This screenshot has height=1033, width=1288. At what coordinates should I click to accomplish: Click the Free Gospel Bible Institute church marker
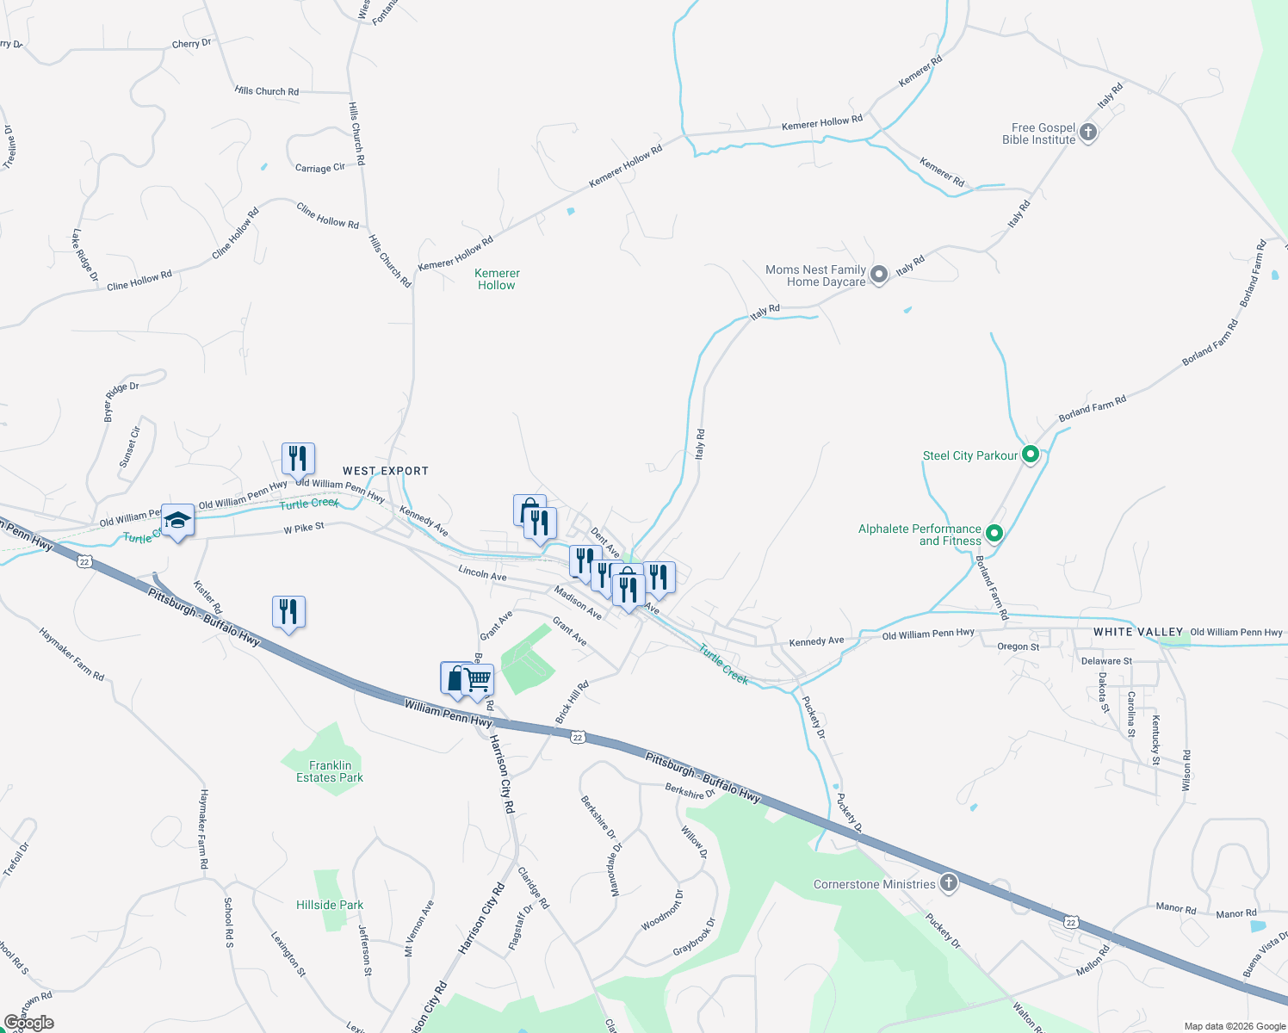coord(1088,133)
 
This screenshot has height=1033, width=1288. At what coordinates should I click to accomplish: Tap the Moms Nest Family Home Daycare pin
coord(878,275)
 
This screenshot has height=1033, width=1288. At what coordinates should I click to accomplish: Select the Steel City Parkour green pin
coord(1031,455)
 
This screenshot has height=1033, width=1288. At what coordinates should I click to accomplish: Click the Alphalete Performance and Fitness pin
coord(994,534)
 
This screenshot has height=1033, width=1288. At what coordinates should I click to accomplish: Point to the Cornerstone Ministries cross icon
coord(948,882)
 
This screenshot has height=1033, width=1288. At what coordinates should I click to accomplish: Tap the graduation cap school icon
coord(177,520)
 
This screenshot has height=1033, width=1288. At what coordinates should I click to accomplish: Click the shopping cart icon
coord(478,680)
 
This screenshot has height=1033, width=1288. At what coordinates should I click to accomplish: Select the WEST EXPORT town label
coord(385,471)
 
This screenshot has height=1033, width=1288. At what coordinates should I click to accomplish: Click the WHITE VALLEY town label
coord(1138,632)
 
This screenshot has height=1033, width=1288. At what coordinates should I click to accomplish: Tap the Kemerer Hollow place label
coord(497,279)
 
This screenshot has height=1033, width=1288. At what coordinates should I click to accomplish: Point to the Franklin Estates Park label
coord(330,771)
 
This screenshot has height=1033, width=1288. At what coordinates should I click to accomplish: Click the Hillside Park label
coord(330,905)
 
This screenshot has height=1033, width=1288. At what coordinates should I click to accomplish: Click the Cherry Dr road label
coord(191,44)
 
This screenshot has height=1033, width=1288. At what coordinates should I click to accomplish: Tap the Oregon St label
coord(1018,646)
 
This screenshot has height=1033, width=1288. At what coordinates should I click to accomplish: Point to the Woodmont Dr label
coord(662,911)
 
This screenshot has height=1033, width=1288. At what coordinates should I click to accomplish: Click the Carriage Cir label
coord(319,168)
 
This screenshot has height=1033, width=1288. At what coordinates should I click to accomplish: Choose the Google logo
coord(28,1023)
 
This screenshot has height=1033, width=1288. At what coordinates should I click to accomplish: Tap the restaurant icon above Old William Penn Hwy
coord(298,459)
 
